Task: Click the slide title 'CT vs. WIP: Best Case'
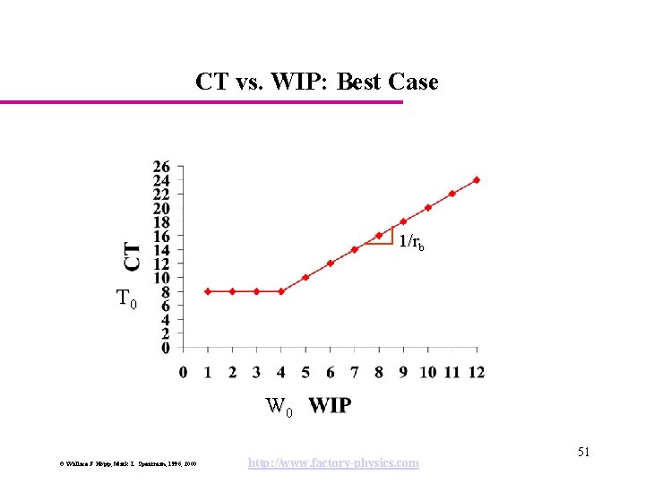[317, 82]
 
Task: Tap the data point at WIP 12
[477, 179]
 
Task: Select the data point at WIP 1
[208, 291]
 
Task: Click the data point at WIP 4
[281, 291]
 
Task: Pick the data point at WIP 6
[331, 264]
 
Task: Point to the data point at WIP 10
[428, 207]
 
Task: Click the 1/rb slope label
[412, 241]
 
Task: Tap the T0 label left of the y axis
[127, 299]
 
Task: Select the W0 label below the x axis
[279, 408]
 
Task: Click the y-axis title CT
[132, 255]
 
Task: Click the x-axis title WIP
[330, 406]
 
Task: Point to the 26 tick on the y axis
[161, 166]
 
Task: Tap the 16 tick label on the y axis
[161, 236]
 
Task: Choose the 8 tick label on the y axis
[165, 291]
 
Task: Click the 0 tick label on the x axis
[184, 371]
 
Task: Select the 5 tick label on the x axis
[305, 371]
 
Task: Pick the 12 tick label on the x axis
[476, 371]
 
